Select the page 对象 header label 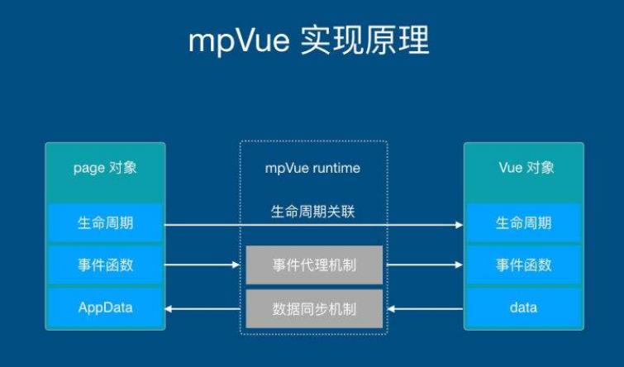(x=106, y=168)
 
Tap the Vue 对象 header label (x=523, y=168)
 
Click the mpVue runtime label (x=313, y=169)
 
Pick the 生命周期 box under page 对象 (x=106, y=223)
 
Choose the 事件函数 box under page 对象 (x=106, y=265)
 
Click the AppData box (x=106, y=308)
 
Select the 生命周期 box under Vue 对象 (x=523, y=223)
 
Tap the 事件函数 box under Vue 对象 (x=523, y=265)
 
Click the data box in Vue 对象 (x=523, y=308)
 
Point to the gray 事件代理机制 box (x=313, y=265)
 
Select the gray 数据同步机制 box (x=313, y=309)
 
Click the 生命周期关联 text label (x=313, y=212)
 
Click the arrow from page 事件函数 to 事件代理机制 (x=203, y=265)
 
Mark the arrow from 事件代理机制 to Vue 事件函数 (x=422, y=265)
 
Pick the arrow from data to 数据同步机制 (x=422, y=309)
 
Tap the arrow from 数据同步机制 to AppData (x=203, y=309)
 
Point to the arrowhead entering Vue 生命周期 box (x=458, y=224)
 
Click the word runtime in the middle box (x=336, y=169)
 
